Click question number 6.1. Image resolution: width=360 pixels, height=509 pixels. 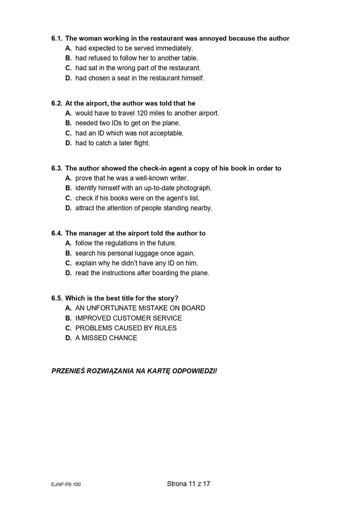(57, 39)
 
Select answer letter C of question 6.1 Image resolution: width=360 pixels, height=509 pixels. (68, 68)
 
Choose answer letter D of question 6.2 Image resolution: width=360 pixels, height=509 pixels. (68, 143)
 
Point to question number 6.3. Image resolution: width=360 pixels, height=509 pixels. (57, 169)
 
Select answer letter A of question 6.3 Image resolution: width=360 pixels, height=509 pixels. (68, 178)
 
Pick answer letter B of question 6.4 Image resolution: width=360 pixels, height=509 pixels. (68, 253)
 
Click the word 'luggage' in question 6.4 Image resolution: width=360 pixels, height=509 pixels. (158, 253)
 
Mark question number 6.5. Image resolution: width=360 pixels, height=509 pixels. (57, 298)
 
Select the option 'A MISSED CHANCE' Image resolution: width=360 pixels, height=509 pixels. (106, 338)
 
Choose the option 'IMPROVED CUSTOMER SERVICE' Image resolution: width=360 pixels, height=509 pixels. (129, 318)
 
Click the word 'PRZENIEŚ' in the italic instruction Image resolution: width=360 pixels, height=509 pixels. (68, 371)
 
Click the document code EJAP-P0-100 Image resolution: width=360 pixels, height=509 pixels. (66, 485)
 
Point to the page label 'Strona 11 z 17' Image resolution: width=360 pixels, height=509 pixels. (189, 484)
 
